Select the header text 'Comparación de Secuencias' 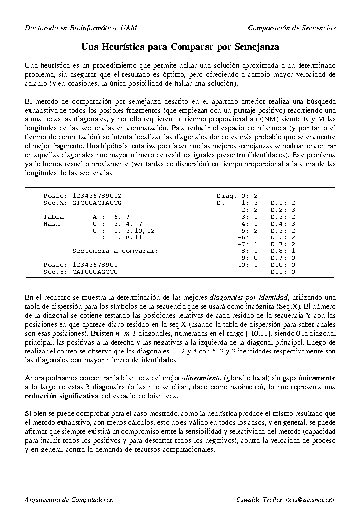tap(292, 28)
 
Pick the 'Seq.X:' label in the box tap(55, 203)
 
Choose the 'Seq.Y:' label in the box tap(55, 272)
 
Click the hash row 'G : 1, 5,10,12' tap(123, 231)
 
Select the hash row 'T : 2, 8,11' tap(118, 237)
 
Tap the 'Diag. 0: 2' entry tap(237, 196)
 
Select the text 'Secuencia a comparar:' tap(115, 251)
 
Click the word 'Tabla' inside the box tap(54, 217)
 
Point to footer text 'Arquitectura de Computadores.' tap(69, 499)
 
